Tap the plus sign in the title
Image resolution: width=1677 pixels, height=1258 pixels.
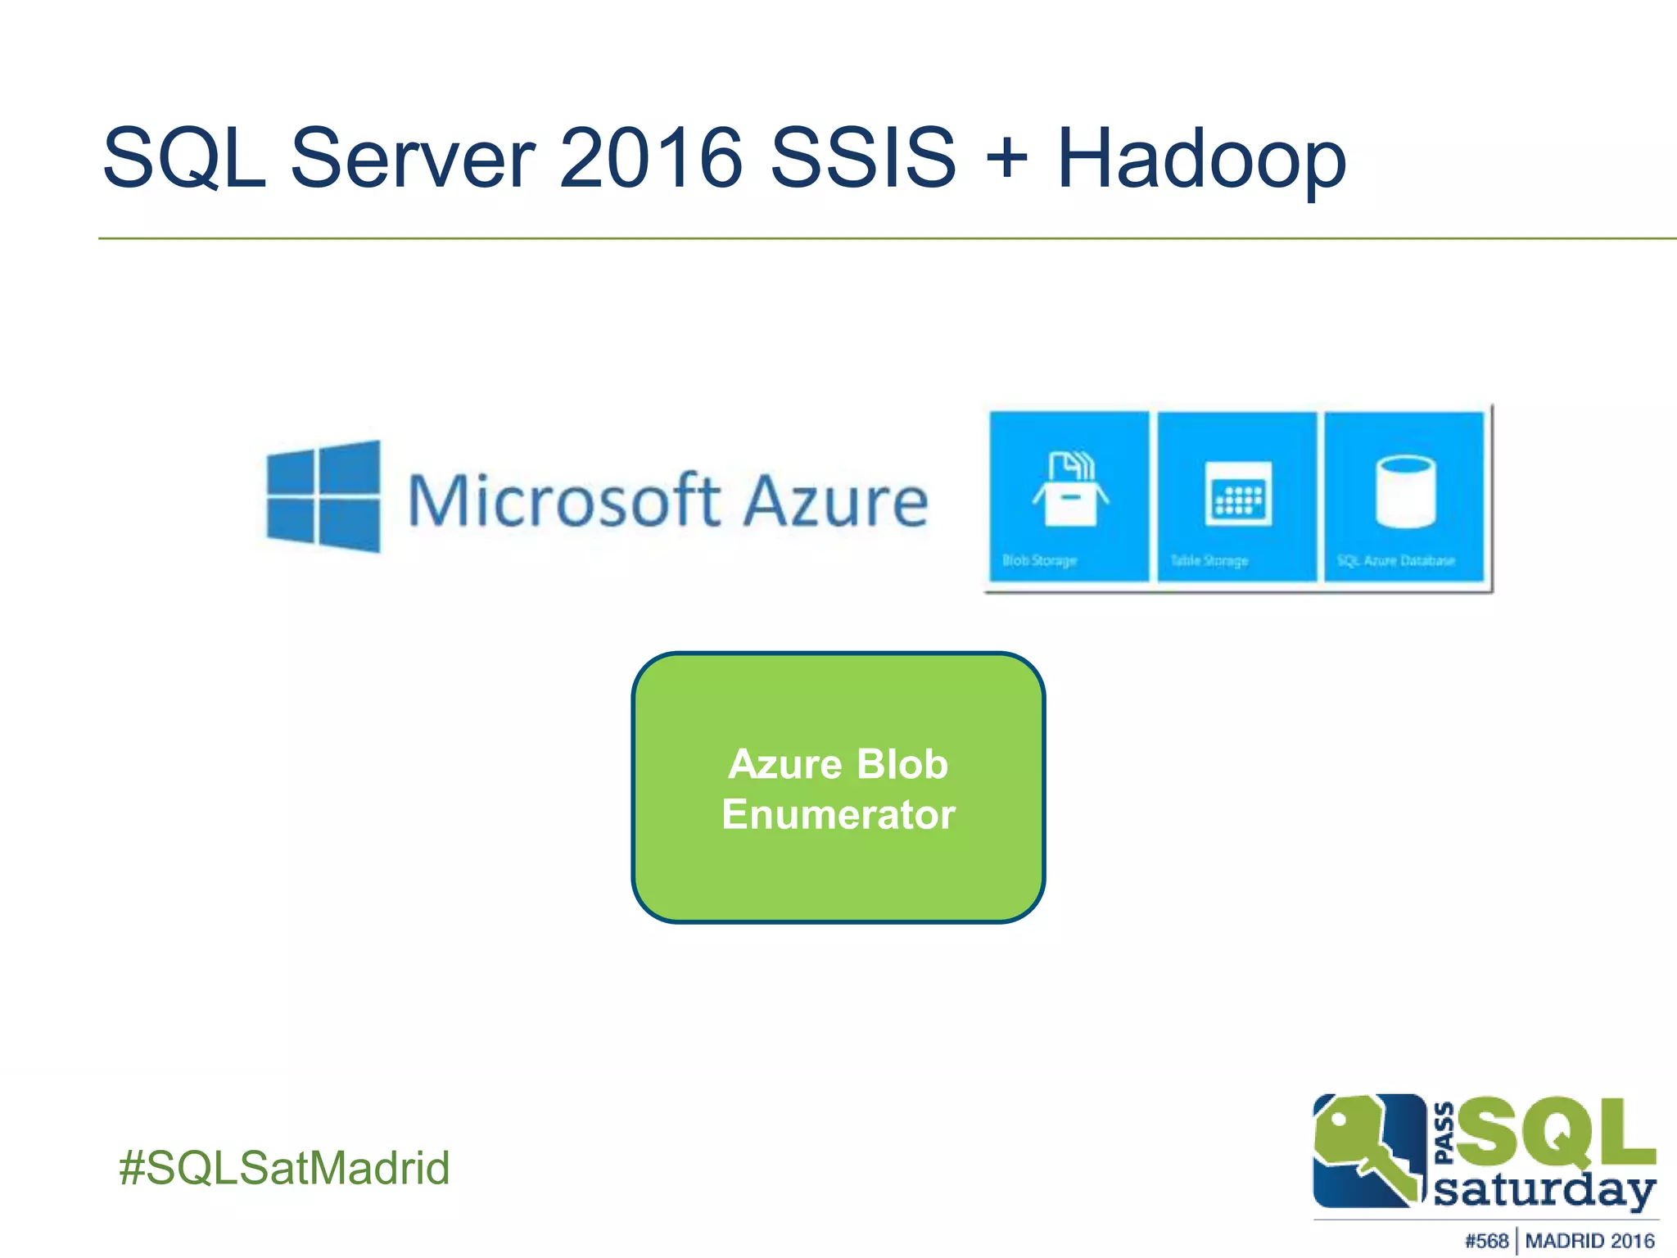pos(1006,158)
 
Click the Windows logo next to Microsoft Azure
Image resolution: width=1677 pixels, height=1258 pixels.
pos(323,496)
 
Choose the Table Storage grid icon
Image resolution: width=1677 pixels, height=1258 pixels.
pos(1238,493)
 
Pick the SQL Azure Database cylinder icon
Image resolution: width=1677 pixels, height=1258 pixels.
pos(1405,491)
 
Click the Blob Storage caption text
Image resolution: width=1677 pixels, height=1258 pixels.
pos(1039,561)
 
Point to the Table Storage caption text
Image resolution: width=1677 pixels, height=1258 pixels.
pos(1209,561)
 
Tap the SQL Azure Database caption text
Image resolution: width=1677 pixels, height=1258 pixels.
pos(1395,561)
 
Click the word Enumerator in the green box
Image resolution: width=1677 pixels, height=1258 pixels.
pos(838,815)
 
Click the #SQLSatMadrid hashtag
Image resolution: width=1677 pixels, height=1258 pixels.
pos(284,1167)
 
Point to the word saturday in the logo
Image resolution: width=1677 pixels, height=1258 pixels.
pos(1544,1191)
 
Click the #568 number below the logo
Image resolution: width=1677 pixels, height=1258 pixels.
pos(1486,1241)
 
